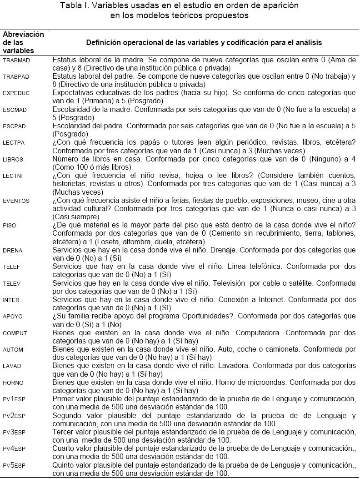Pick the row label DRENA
(12, 251)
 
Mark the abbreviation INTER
(11, 300)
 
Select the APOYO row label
(12, 317)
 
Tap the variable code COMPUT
(15, 333)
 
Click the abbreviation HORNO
(13, 383)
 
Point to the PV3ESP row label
(14, 432)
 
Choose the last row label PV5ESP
(14, 465)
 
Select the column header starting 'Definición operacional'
(204, 42)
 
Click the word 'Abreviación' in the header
(23, 34)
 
